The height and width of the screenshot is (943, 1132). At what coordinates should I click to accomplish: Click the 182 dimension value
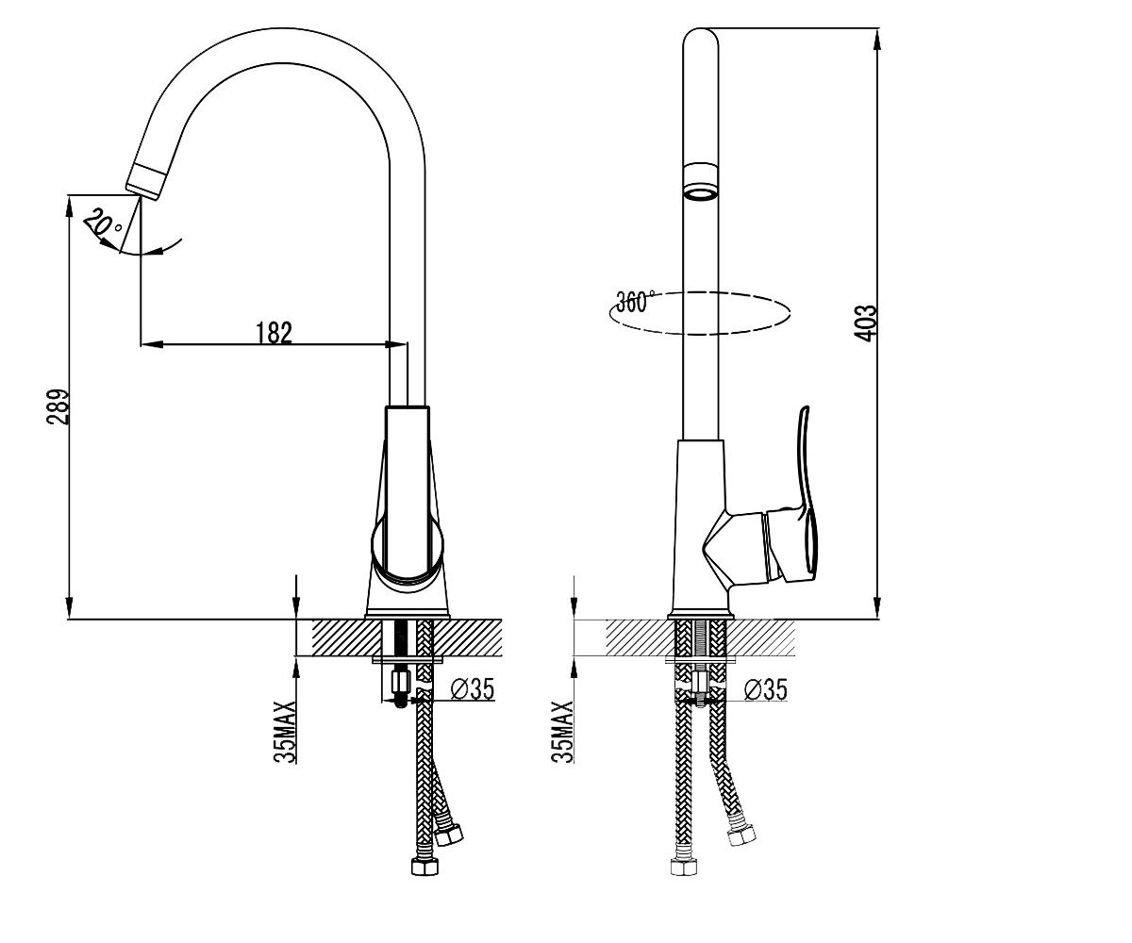tap(274, 332)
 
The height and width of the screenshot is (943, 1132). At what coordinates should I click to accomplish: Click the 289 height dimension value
tap(58, 406)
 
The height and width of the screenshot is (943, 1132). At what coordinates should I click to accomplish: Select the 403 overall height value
tap(865, 323)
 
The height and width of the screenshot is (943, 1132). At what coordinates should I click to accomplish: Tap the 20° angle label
tap(104, 223)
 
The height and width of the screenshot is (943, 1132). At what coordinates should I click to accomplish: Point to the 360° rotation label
tap(635, 301)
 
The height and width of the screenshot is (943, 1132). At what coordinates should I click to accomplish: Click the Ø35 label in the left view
tap(473, 688)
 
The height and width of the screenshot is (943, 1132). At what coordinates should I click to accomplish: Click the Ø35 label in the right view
tap(765, 689)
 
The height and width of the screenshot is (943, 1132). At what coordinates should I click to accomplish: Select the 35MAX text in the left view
tap(285, 732)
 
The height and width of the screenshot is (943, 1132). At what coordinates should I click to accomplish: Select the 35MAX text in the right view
tap(562, 732)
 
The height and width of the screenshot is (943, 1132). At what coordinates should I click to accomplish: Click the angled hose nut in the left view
tap(450, 835)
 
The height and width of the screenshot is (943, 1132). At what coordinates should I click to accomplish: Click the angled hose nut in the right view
tap(742, 835)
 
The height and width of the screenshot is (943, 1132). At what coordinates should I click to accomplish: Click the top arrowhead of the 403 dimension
tap(877, 39)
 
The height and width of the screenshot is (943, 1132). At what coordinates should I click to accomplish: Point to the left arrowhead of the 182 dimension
tap(152, 343)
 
